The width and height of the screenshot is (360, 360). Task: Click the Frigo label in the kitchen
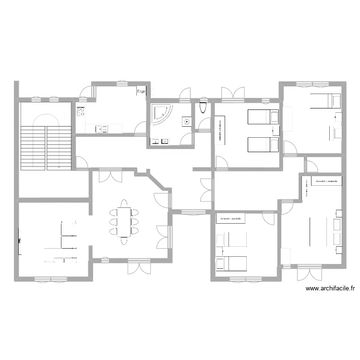tap(141, 91)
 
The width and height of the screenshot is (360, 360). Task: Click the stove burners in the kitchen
tap(81, 112)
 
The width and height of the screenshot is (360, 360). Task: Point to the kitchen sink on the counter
tap(101, 129)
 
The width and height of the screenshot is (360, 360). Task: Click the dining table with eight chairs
tap(124, 221)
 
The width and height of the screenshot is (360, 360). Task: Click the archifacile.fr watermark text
tap(330, 289)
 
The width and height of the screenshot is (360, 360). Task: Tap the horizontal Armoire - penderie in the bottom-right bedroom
tap(327, 181)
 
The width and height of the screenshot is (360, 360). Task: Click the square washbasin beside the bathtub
tap(186, 121)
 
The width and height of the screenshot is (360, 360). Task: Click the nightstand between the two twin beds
tap(275, 131)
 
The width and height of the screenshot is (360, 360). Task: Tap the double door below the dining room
tap(137, 266)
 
